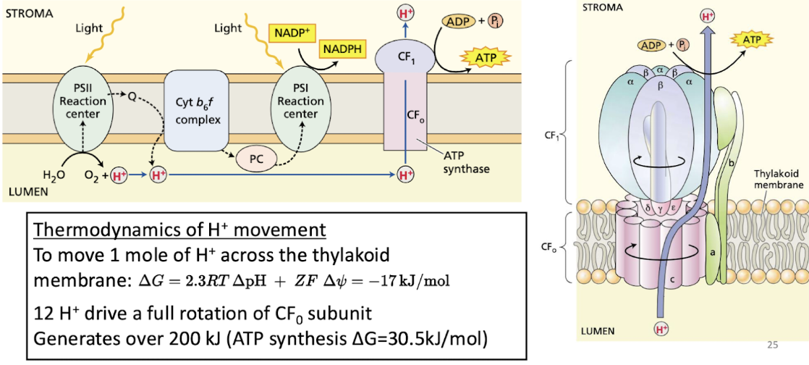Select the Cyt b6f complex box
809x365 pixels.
coord(198,109)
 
